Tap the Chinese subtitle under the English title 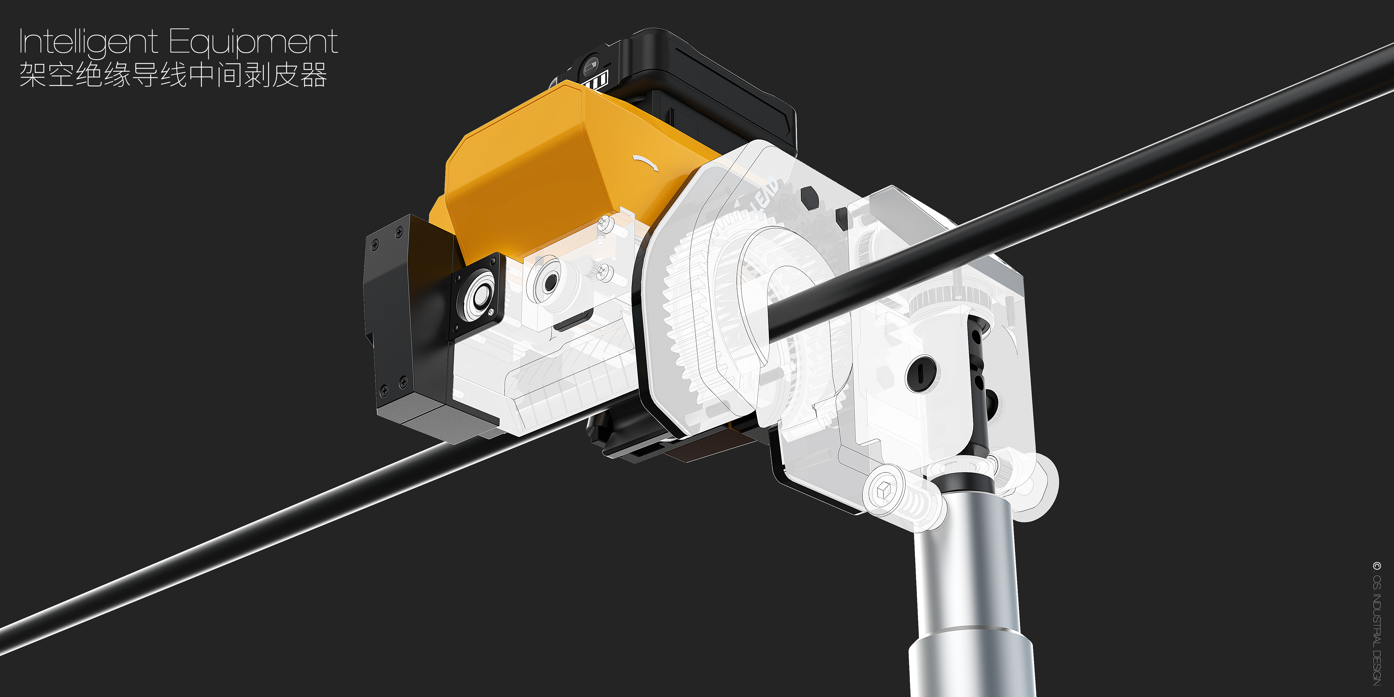(173, 75)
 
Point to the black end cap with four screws (400, 319)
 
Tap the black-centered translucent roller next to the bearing (549, 281)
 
